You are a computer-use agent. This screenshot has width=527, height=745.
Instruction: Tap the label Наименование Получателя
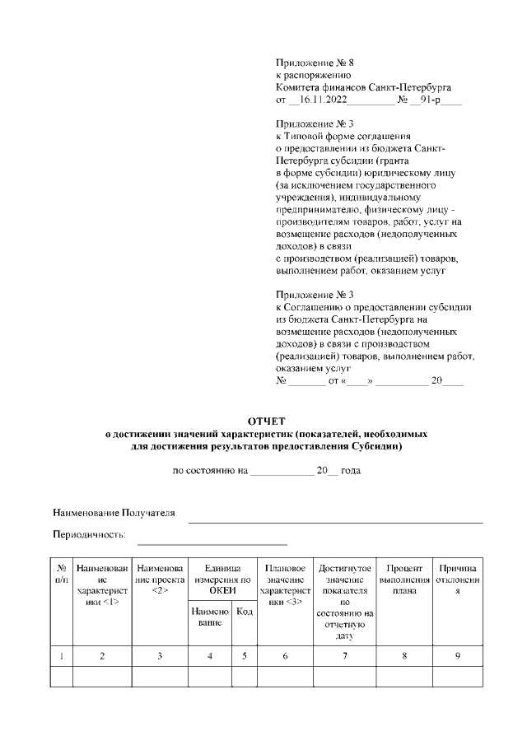pos(114,513)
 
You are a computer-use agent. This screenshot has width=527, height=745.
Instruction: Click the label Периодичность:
pos(89,534)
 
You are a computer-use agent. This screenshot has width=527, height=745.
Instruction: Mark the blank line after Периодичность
pos(212,543)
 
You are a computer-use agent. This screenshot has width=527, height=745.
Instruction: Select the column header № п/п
pos(62,574)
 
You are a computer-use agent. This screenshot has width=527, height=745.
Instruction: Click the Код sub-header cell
pos(244,611)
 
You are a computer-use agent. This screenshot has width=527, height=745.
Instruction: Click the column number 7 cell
pos(345,655)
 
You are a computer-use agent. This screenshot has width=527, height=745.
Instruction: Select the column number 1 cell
pos(62,655)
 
